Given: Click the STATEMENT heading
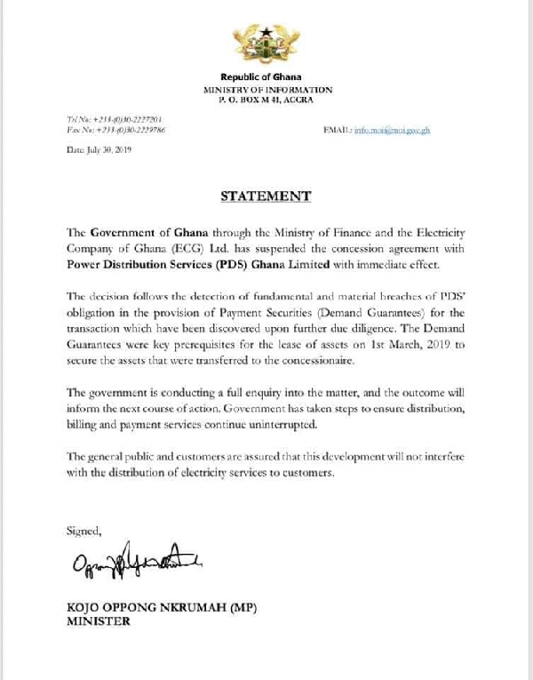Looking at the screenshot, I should (266, 196).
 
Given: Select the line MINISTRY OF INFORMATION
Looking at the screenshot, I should (267, 90).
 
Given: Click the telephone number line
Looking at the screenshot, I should (114, 119).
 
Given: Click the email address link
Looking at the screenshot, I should (392, 130).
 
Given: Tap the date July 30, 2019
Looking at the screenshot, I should (99, 150).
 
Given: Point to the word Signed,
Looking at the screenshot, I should (85, 531).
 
